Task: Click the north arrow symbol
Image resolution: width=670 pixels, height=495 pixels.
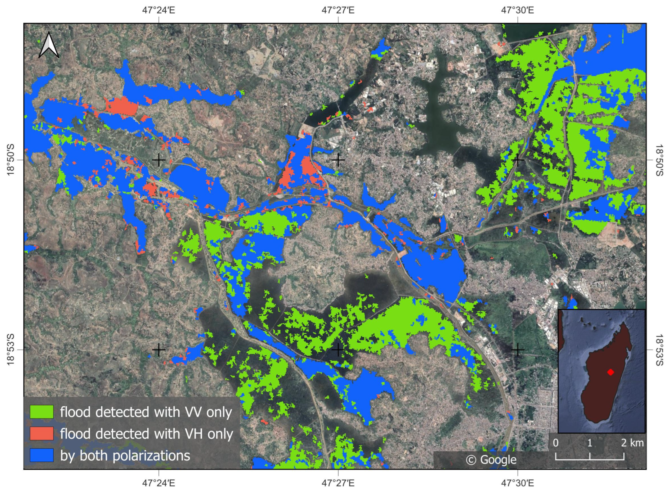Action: (x=49, y=45)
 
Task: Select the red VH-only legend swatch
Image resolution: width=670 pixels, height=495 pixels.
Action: (x=42, y=433)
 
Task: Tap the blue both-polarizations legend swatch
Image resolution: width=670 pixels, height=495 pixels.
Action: (x=42, y=455)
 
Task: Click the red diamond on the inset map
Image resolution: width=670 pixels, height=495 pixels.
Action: (x=610, y=372)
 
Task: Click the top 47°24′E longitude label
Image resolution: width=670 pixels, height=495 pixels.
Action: (x=159, y=10)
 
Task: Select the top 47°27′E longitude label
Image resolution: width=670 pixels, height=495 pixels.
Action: (x=338, y=10)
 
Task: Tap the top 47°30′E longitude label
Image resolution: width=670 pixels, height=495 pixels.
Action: (x=517, y=10)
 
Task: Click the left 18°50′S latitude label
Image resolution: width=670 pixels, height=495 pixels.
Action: (x=10, y=160)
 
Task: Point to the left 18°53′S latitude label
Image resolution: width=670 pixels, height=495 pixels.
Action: (x=10, y=350)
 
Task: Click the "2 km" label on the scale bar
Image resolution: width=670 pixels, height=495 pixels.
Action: (x=632, y=443)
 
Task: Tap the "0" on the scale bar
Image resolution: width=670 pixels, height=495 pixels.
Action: (x=556, y=443)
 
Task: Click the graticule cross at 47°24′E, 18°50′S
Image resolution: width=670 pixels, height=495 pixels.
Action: (x=159, y=160)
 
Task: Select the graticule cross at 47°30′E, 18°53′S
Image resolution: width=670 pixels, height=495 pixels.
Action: (x=517, y=350)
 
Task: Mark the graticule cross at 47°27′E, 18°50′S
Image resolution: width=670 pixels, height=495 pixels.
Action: (x=338, y=160)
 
